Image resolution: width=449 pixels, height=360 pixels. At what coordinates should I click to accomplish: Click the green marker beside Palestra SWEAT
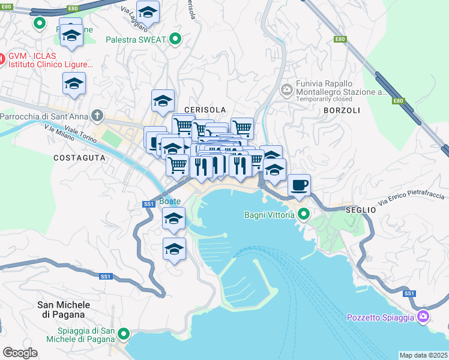175,40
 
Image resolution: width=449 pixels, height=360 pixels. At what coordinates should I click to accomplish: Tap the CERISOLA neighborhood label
205,110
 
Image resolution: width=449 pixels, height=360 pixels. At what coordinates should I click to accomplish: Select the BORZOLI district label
342,111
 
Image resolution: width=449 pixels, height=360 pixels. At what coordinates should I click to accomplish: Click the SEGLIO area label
361,210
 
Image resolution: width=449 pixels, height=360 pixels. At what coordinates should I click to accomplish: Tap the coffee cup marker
299,185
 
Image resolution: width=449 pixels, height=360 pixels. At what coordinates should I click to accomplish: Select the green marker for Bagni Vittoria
304,214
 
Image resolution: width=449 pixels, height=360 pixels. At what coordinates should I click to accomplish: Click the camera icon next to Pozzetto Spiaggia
423,316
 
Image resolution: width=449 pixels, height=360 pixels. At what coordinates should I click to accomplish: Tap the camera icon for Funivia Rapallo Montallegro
286,90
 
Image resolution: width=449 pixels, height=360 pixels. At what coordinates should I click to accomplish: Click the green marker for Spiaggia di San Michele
124,334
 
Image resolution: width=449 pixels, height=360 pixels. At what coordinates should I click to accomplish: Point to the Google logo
20,353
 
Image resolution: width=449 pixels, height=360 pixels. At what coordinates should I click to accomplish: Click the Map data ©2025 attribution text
423,355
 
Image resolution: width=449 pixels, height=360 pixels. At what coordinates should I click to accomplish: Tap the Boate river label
170,201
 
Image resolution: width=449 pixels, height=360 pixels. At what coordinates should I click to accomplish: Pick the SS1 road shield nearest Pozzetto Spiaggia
409,293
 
